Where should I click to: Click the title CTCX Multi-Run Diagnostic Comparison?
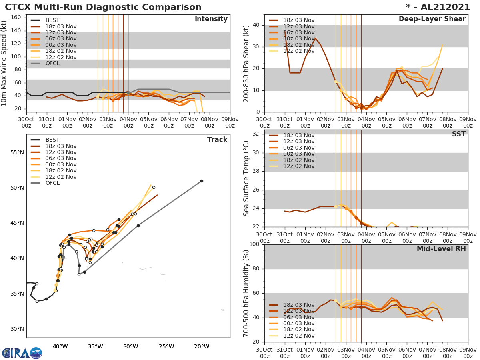[103, 7]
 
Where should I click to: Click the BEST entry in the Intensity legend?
[52, 20]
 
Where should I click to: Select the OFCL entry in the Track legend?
[52, 183]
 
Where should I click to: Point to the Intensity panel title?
[211, 19]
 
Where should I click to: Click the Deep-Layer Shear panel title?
[432, 19]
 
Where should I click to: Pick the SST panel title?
[459, 134]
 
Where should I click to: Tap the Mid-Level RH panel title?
[441, 249]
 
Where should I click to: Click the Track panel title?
[217, 140]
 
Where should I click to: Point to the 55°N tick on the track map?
[17, 152]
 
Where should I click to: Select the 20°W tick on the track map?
[201, 346]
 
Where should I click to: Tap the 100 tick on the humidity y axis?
[254, 244]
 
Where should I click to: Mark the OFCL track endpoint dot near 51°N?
[202, 181]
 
